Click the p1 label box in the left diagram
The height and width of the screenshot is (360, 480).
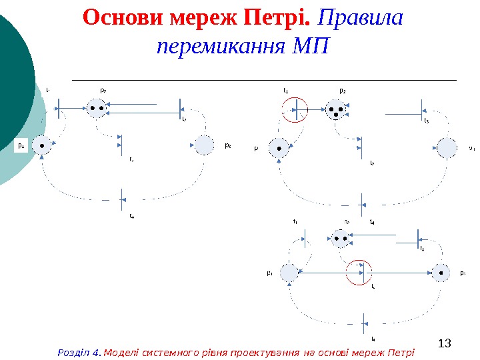point(21,145)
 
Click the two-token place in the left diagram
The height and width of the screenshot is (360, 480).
point(97,107)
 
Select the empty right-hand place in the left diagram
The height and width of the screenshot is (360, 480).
point(203,145)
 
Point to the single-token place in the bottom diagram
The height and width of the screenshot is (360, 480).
point(439,273)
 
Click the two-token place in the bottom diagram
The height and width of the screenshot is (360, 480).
point(341,237)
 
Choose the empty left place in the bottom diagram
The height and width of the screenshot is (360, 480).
point(289,273)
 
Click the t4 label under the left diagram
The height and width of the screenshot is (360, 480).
point(131,215)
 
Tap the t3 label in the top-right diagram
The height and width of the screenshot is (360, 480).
point(427,121)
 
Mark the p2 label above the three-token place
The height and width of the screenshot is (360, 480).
point(342,89)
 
